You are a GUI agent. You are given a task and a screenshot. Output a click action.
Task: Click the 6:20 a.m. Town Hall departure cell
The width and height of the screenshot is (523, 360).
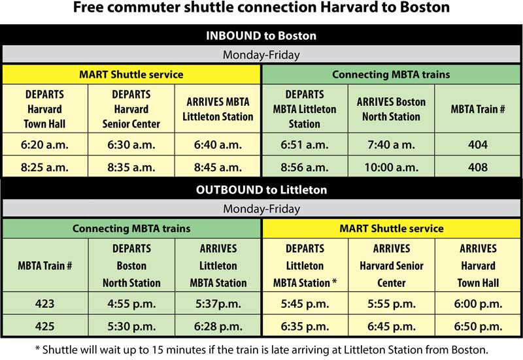pyautogui.click(x=44, y=144)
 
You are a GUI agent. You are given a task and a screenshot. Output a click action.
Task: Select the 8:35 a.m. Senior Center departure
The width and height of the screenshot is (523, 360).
pyautogui.click(x=131, y=167)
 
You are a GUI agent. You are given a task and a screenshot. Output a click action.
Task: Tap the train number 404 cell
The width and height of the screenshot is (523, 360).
pyautogui.click(x=478, y=144)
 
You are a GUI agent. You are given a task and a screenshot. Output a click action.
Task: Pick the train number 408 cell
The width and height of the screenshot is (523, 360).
pyautogui.click(x=478, y=167)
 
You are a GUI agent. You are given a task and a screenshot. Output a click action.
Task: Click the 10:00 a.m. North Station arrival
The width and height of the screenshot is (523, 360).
pyautogui.click(x=391, y=167)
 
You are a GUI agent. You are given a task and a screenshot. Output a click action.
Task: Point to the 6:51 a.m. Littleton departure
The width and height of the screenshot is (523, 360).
pyautogui.click(x=305, y=144)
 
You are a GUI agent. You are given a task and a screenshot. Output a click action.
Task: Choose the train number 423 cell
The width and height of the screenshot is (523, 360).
pyautogui.click(x=44, y=304)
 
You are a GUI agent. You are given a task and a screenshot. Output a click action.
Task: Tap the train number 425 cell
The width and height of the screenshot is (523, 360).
pyautogui.click(x=44, y=326)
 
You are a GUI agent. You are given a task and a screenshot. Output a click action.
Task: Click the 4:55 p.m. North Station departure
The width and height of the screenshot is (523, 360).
pyautogui.click(x=131, y=304)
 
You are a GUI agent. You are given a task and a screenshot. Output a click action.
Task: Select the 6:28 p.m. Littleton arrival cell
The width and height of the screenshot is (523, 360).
pyautogui.click(x=218, y=326)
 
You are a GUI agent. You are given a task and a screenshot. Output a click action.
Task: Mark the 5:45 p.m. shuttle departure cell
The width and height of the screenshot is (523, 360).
pyautogui.click(x=305, y=304)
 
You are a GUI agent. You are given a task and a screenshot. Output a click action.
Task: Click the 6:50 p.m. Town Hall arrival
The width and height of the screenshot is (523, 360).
pyautogui.click(x=478, y=326)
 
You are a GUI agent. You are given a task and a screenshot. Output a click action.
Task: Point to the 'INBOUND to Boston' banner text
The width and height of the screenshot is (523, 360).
pyautogui.click(x=261, y=36)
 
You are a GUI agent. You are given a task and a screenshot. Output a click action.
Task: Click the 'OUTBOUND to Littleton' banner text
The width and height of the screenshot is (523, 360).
pyautogui.click(x=261, y=189)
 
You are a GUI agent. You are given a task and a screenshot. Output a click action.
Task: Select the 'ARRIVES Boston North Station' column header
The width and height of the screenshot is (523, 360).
pyautogui.click(x=391, y=109)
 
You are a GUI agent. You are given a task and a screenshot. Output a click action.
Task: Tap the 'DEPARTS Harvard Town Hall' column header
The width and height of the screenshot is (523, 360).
pyautogui.click(x=44, y=109)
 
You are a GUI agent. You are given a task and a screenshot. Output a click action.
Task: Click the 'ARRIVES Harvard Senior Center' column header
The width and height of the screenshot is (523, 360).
pyautogui.click(x=392, y=266)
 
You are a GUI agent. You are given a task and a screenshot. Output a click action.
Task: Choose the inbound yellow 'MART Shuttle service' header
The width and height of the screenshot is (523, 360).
pyautogui.click(x=131, y=74)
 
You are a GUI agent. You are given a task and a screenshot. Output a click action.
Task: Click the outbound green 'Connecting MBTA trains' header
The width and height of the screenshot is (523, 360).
pyautogui.click(x=131, y=228)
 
